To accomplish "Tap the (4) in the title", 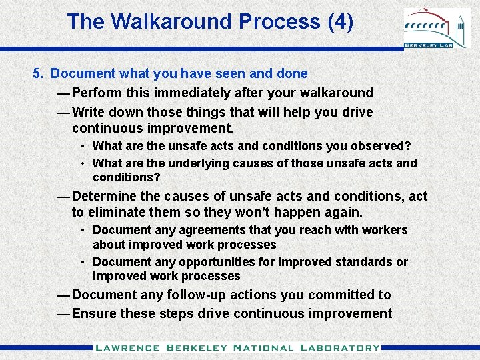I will point(340,21).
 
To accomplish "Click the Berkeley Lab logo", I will point(437,29).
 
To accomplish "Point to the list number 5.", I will point(37,73).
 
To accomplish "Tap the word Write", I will point(89,112).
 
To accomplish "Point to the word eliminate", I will point(117,213).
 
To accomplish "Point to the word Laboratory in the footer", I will point(340,347).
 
